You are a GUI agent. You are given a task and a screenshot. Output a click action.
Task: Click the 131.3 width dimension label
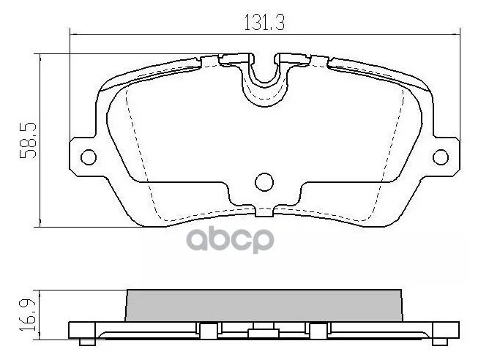pyautogui.click(x=264, y=23)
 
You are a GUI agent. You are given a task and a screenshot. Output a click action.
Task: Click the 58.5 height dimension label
pyautogui.click(x=28, y=141)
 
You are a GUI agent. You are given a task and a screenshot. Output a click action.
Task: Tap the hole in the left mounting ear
pyautogui.click(x=89, y=157)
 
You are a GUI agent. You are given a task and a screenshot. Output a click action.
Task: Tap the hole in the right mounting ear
pyautogui.click(x=441, y=157)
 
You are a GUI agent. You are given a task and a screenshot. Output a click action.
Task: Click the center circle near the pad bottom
pyautogui.click(x=264, y=182)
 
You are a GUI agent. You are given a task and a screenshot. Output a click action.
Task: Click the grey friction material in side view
pyautogui.click(x=264, y=306)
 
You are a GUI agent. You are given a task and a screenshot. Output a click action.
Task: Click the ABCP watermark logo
pyautogui.click(x=230, y=240)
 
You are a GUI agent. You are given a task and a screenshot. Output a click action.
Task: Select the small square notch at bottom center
pyautogui.click(x=264, y=212)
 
